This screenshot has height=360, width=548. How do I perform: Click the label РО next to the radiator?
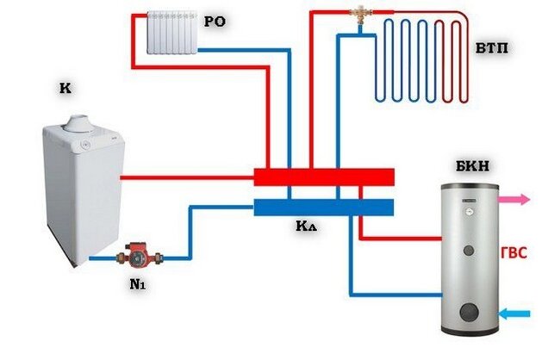coord(215,22)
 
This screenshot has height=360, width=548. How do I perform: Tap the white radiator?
coord(172,33)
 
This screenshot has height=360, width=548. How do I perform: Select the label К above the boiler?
coord(65,88)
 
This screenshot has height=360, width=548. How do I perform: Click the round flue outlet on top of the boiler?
coord(81,124)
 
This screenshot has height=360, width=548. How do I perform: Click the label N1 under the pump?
coord(137,284)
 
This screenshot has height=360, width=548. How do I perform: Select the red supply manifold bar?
coord(324,177)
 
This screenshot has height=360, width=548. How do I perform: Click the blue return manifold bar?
coord(324,208)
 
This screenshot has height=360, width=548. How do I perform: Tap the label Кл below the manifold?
coord(306,227)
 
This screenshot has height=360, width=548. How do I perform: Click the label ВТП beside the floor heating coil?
coord(492,48)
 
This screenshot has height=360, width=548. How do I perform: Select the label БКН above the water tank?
coord(472,166)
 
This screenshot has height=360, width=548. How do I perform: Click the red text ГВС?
coord(514,253)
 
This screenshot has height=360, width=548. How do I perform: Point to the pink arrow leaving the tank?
coord(514,200)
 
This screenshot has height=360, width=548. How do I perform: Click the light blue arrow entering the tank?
coord(514,313)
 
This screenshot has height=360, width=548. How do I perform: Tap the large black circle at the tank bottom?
coord(469,312)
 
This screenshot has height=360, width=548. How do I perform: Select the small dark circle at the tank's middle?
coord(469,250)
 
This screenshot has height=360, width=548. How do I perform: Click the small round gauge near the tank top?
coord(469,211)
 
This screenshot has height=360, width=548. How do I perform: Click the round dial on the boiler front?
coord(85,144)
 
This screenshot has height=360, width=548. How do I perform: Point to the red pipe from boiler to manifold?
coord(187,177)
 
